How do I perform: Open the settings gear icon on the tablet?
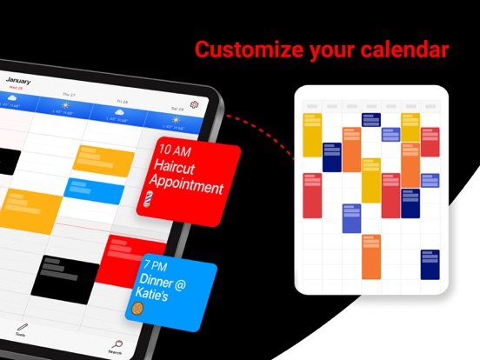coord(195,104)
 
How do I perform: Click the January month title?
coord(19,80)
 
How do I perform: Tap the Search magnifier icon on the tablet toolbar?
coord(116,344)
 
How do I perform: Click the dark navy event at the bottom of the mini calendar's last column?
coord(430,264)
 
